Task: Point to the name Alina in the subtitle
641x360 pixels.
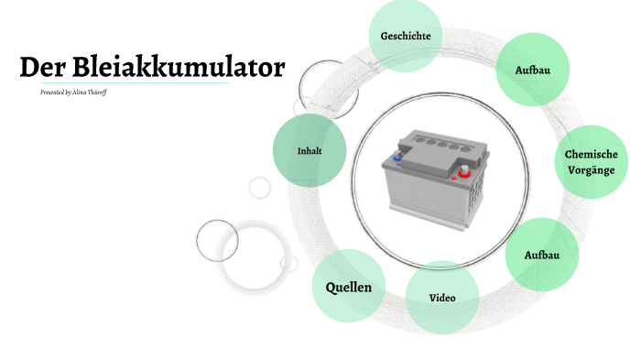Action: tap(81, 93)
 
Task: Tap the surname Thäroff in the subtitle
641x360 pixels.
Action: tap(97, 93)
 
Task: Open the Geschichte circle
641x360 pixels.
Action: tap(405, 37)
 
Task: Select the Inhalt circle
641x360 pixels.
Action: tap(310, 150)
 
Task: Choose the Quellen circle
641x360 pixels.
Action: tap(349, 287)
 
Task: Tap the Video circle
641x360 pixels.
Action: tap(442, 298)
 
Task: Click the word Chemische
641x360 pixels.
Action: tap(591, 155)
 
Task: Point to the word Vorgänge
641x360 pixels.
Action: tap(591, 171)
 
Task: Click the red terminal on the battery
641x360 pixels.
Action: tap(463, 169)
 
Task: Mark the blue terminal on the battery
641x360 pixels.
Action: tap(397, 157)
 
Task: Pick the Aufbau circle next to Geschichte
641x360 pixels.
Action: tap(532, 70)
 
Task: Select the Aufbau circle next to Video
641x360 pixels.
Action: tap(541, 254)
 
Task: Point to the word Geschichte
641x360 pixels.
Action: tap(405, 37)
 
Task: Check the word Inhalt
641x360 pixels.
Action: tap(310, 150)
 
